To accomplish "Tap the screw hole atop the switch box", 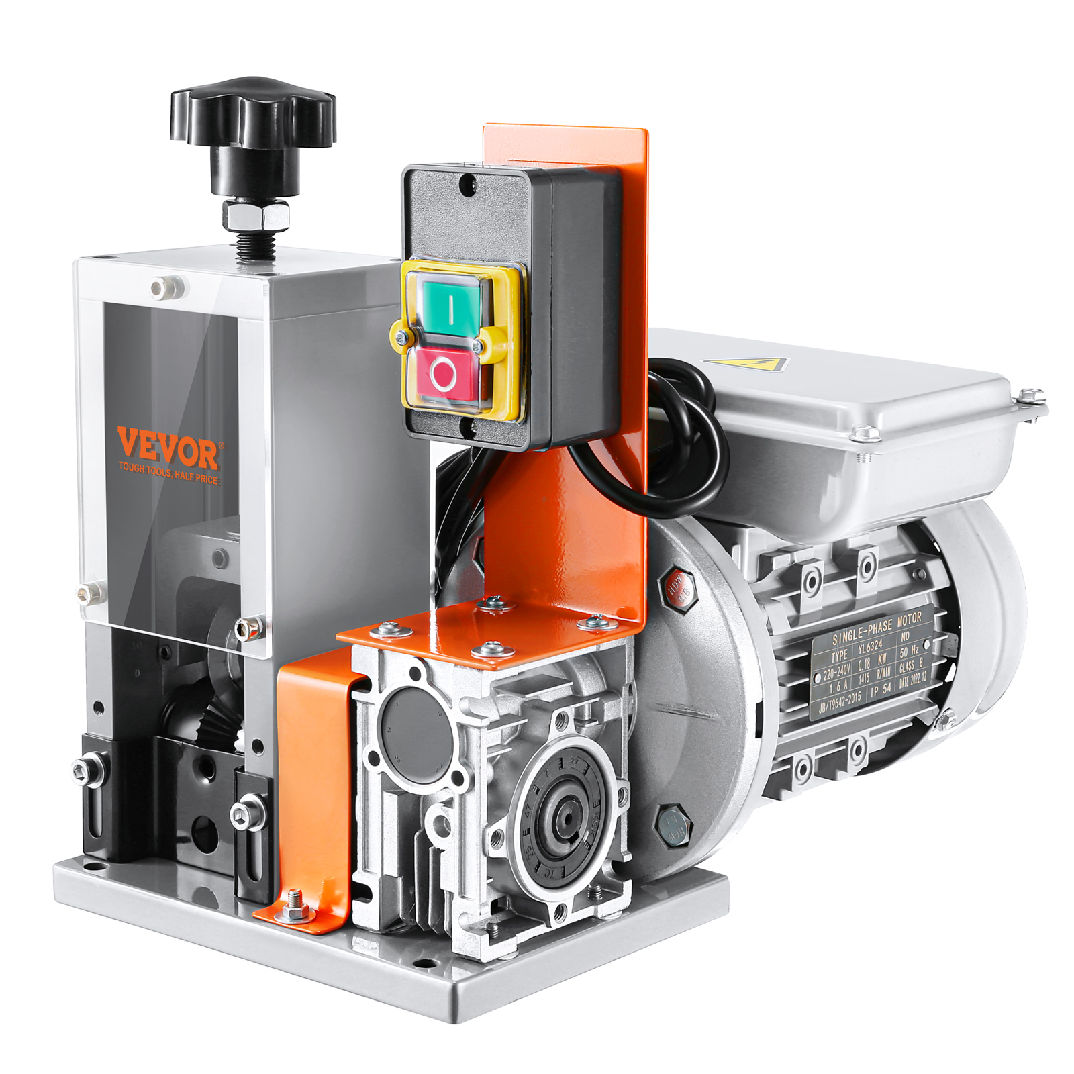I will tap(469, 181).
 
